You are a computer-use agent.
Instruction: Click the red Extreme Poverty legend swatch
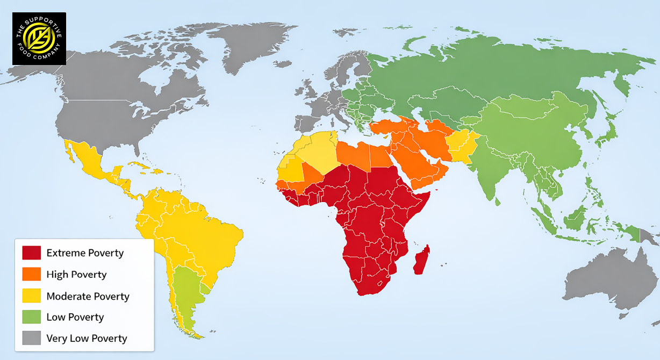[31, 253]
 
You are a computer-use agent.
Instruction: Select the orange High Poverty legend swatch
[31, 274]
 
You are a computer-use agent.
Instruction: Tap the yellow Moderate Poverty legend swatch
[31, 296]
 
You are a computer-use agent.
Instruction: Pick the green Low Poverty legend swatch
[31, 317]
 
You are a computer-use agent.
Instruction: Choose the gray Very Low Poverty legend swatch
[31, 338]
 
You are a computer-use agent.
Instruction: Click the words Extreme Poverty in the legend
[85, 253]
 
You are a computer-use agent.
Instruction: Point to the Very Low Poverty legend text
[87, 338]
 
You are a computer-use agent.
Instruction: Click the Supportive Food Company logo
[39, 39]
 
